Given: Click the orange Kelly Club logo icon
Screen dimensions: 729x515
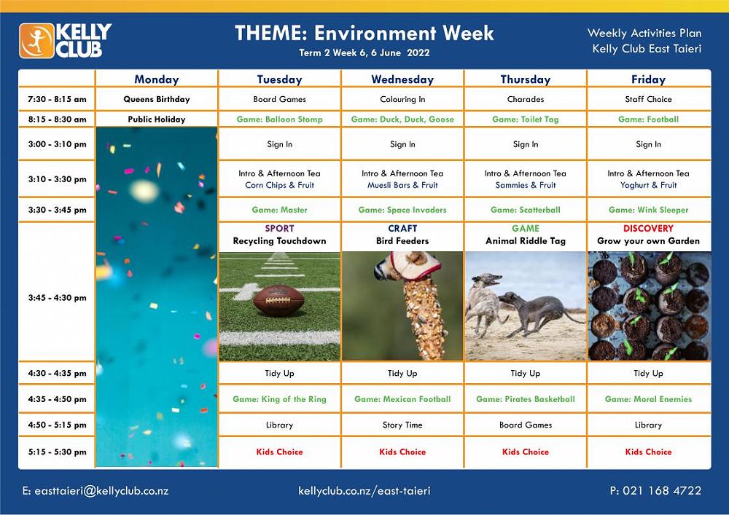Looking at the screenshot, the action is point(36,41).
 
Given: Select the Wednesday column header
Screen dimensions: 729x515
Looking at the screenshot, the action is point(402,79).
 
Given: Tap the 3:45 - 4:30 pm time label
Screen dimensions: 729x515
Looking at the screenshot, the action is point(57,298).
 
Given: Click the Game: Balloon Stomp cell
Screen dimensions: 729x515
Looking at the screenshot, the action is point(279,119).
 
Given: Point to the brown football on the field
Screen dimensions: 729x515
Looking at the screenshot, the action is point(278,300).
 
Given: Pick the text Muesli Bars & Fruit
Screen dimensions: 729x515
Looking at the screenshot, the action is point(402,185).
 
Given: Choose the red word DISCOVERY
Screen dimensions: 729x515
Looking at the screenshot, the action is point(649,229).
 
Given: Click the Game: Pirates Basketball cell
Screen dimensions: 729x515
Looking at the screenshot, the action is point(526,399).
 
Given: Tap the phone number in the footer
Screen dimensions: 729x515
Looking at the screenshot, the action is point(655,490).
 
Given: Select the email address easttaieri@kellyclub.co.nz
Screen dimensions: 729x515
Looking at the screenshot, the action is point(95,491).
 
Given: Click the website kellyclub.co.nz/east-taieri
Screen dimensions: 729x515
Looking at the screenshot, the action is point(364,491).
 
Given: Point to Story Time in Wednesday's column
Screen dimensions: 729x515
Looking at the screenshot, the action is point(402,425).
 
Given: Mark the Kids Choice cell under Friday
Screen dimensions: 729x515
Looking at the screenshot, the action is point(649,452).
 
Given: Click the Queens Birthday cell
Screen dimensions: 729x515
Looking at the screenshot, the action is point(157,99).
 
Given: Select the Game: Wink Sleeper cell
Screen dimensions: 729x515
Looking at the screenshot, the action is point(649,210).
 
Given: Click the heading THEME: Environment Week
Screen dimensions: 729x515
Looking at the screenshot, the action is point(364,34).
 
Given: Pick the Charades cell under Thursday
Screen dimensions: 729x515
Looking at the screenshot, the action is point(526,99).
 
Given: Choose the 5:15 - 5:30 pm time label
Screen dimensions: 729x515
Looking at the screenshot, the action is point(57,452).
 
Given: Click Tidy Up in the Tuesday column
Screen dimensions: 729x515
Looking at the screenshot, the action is point(279,374).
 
